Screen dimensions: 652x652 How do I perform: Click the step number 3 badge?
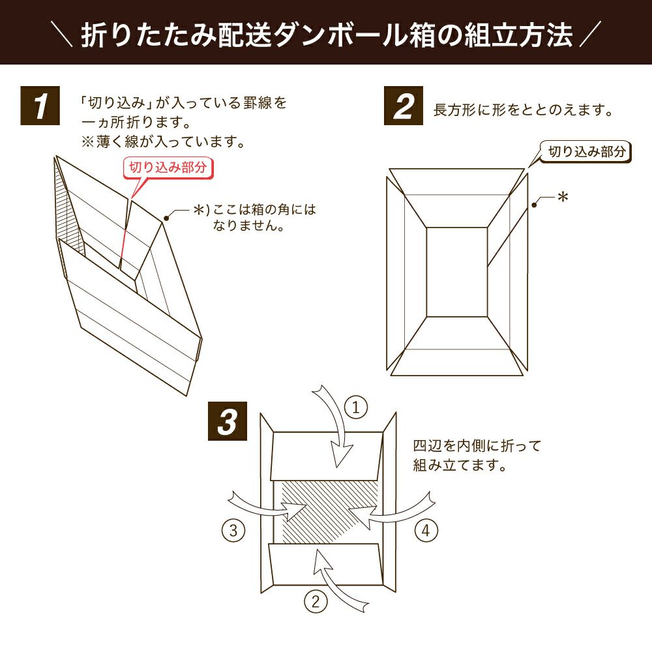(x=226, y=422)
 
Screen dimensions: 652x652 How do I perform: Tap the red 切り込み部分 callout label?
(x=168, y=167)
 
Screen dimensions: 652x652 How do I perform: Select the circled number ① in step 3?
(x=355, y=409)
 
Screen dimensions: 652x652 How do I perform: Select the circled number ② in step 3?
(x=316, y=602)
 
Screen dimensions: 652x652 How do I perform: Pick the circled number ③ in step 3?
(x=233, y=531)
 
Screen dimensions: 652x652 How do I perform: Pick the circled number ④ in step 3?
(x=426, y=531)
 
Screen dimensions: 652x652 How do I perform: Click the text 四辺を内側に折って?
(x=477, y=447)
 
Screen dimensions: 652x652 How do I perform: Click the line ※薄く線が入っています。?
(x=161, y=141)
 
